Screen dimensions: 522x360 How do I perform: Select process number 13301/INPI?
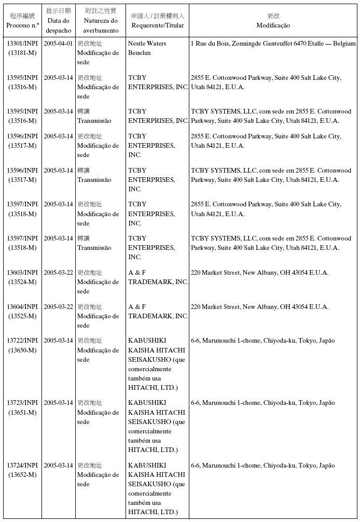(x=22, y=44)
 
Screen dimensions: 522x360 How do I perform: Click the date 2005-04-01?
(x=58, y=44)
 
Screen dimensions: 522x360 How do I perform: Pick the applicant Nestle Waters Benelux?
(x=147, y=48)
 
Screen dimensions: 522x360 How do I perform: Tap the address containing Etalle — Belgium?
(x=273, y=44)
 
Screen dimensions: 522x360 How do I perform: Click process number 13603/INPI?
(x=22, y=273)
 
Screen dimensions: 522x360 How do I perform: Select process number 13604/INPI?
(x=22, y=307)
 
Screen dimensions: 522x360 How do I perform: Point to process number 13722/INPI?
(x=22, y=341)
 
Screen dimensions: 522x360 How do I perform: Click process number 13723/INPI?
(x=22, y=403)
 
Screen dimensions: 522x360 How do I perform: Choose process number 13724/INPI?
(x=22, y=465)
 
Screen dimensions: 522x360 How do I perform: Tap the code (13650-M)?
(x=22, y=350)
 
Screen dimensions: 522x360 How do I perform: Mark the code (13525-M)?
(x=22, y=316)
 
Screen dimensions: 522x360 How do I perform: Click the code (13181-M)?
(x=22, y=53)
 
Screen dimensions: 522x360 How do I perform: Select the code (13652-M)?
(x=22, y=475)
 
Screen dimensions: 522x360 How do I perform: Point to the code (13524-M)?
(x=22, y=282)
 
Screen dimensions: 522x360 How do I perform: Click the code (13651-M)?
(x=22, y=413)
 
